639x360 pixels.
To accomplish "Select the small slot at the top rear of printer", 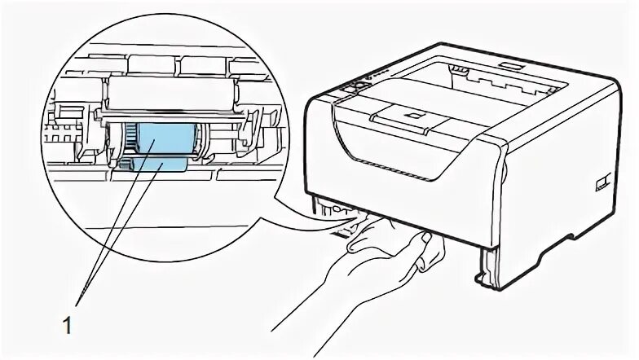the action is click(x=510, y=63).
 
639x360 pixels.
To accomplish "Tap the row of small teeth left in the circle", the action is click(x=58, y=131).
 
